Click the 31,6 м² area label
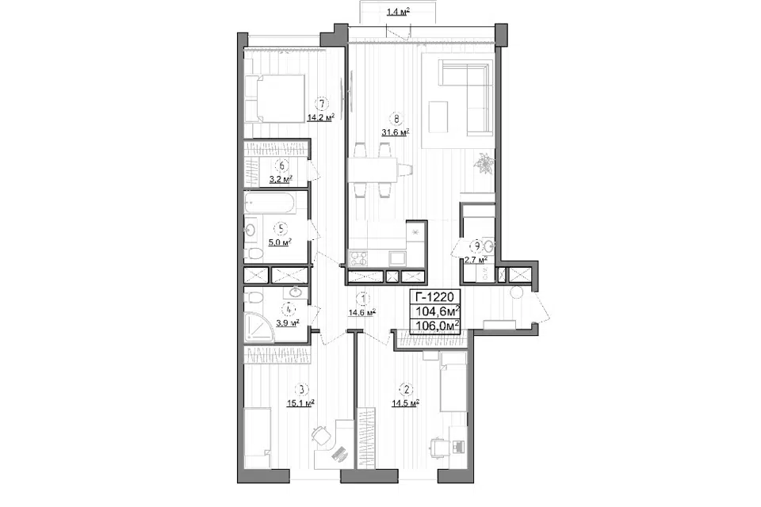coord(396,132)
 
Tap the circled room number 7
coord(321,103)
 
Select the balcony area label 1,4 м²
coord(398,12)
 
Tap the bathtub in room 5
coord(270,204)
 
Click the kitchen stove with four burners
coord(359,257)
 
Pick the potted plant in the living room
coord(484,162)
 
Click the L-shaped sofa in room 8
coord(465,96)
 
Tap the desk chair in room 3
coord(321,434)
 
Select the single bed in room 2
coord(453,382)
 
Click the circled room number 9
coord(477,246)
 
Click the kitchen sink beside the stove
coord(396,258)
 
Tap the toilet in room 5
coord(252,253)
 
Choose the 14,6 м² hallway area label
coord(362,313)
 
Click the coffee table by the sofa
coord(438,116)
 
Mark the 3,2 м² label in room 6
coord(281,180)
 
